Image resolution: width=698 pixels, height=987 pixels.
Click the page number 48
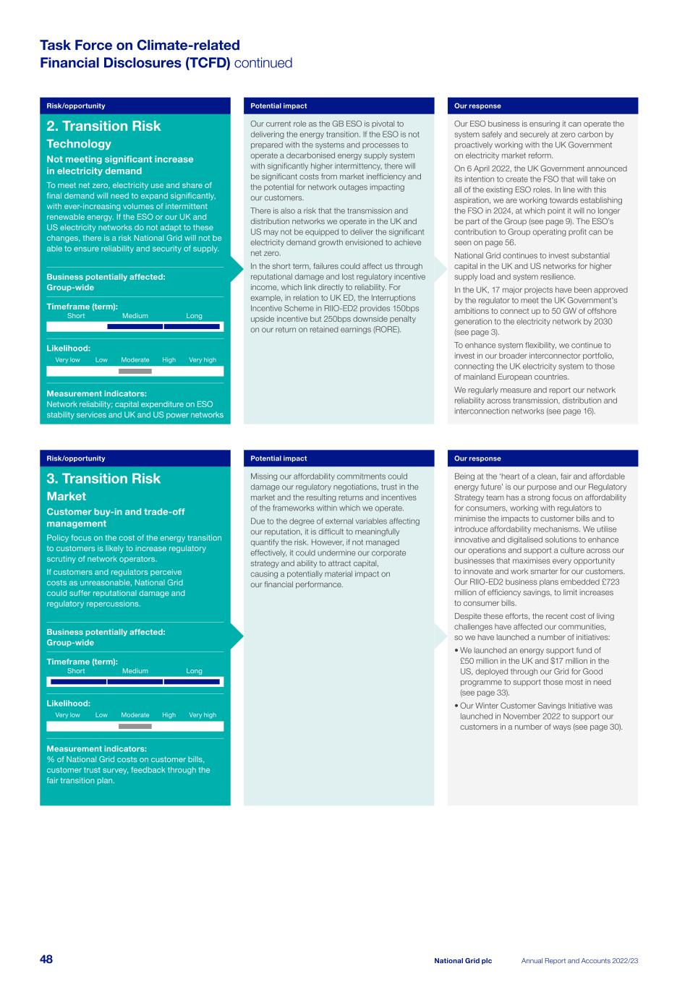[x=46, y=960]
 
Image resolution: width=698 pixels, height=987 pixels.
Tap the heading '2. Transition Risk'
[x=103, y=126]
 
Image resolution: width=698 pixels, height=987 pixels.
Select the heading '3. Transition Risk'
[x=103, y=479]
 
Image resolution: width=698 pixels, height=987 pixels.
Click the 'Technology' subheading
[x=79, y=144]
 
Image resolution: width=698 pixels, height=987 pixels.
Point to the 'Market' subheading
[x=66, y=497]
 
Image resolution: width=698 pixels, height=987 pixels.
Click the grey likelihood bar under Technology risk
[x=135, y=372]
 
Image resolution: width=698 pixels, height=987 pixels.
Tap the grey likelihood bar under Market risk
[x=135, y=727]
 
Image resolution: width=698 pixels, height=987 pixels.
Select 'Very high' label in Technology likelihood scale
[x=203, y=360]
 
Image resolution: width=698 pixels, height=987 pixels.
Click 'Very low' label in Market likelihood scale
[x=67, y=715]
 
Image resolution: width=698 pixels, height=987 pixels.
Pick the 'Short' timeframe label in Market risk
[x=76, y=671]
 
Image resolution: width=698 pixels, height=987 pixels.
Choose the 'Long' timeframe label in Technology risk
[x=194, y=316]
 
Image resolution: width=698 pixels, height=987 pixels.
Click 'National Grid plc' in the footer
[x=463, y=961]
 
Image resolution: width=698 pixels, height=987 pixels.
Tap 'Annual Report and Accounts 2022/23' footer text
[x=579, y=961]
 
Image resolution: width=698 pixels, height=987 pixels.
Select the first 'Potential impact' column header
[x=278, y=106]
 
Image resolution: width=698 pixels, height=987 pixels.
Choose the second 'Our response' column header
[x=477, y=458]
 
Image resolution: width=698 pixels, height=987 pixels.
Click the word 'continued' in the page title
[x=263, y=63]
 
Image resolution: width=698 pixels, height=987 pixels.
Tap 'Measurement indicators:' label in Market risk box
[x=96, y=749]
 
